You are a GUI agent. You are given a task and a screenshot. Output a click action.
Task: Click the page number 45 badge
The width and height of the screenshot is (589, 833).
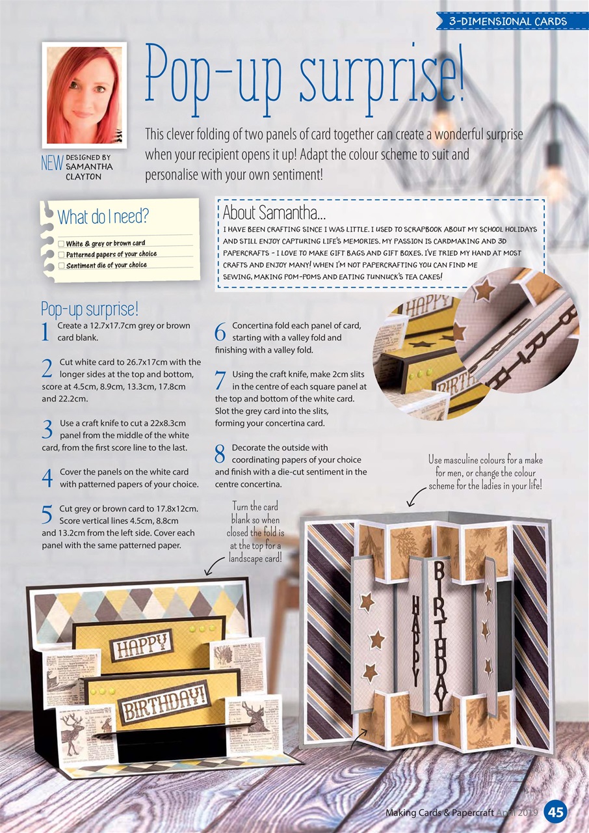556,812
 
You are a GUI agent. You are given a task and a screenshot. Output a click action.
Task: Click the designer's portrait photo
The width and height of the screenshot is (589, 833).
85,95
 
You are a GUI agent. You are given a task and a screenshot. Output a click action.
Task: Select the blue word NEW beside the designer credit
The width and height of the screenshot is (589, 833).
52,163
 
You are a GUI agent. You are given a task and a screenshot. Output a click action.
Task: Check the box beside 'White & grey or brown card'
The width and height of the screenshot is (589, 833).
61,244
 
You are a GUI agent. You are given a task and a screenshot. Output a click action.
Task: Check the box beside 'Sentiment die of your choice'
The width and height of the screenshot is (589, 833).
61,266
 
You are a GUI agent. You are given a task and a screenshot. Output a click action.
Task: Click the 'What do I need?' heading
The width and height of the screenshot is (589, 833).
103,217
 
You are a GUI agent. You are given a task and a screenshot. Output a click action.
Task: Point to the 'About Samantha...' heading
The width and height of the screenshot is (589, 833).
274,213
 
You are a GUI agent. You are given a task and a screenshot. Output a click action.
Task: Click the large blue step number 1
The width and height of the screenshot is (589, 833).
46,332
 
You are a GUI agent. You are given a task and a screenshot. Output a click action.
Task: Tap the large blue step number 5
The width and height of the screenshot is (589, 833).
47,515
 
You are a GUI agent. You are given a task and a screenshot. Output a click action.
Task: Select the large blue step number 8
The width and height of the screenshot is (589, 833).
220,454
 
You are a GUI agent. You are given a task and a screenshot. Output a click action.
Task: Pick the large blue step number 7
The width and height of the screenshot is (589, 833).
220,381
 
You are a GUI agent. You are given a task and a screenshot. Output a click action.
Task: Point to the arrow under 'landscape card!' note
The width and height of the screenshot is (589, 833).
215,566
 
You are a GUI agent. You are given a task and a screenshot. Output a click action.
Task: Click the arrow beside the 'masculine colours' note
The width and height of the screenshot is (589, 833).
416,496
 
